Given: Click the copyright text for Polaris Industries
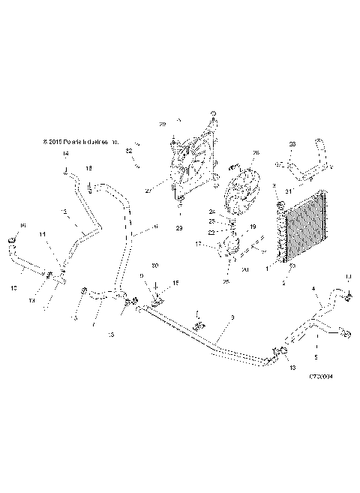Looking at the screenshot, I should click(81, 140).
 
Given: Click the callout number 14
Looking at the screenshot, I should click(65, 154).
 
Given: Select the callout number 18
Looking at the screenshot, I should click(88, 167).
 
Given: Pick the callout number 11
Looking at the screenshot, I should click(43, 235).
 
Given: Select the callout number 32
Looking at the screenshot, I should click(129, 151).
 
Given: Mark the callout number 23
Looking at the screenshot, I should click(292, 144).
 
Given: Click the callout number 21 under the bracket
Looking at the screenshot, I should click(288, 192).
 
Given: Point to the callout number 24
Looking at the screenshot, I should click(233, 212).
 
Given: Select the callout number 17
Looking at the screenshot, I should click(198, 244).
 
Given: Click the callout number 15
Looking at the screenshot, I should click(176, 282).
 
